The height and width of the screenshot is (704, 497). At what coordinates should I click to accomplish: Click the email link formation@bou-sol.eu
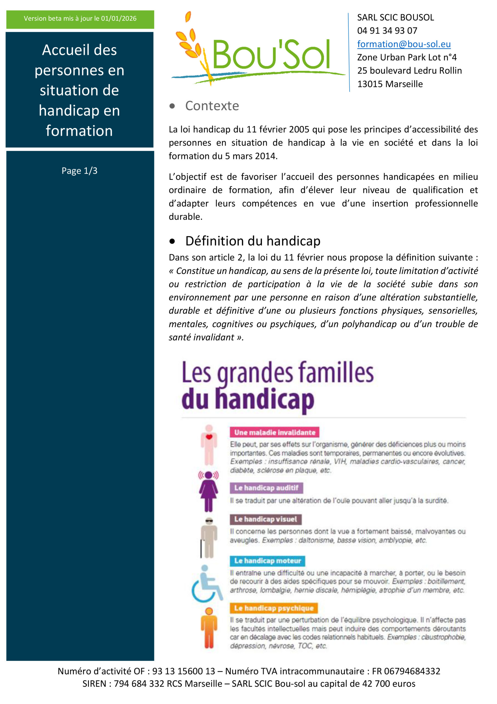point(404,44)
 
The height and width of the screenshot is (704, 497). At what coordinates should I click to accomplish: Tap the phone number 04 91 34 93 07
point(387,31)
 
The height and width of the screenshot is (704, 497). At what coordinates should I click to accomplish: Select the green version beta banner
point(80,19)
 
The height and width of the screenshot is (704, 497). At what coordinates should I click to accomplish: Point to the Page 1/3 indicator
point(79,170)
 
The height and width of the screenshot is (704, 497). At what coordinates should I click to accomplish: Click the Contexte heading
point(212,106)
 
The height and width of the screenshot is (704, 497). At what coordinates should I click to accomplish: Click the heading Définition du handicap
point(253,241)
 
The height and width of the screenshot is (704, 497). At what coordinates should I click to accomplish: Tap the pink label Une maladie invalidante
point(274,432)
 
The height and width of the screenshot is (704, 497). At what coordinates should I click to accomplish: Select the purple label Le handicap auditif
point(266,488)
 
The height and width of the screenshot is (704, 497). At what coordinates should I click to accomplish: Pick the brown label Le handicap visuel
point(266,519)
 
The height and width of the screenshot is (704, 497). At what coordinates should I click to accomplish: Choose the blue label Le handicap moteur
point(267,561)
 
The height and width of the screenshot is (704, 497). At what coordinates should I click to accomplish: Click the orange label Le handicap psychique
point(274,608)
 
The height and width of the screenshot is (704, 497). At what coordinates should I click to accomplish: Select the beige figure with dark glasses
point(209,537)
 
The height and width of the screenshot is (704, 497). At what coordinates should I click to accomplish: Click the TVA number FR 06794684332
point(406,671)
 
